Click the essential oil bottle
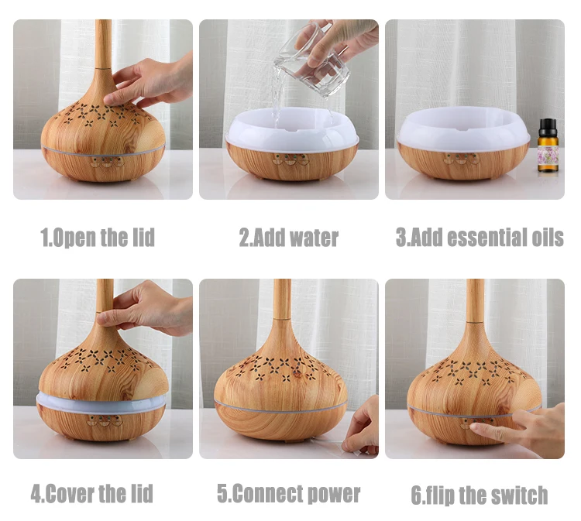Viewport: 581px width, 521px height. pos(548,146)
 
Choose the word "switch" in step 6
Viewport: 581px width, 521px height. pos(522,495)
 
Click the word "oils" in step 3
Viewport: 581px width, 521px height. pos(548,238)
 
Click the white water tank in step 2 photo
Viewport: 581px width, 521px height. pos(292,129)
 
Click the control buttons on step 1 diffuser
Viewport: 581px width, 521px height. pos(107,162)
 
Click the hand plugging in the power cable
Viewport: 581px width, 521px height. pos(361,426)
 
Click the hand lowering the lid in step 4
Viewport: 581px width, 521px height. pos(147,307)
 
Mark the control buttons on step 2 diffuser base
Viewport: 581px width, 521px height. pos(291,159)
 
